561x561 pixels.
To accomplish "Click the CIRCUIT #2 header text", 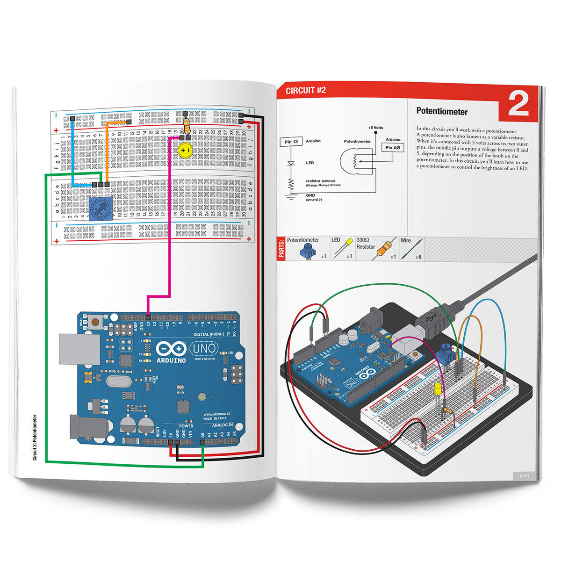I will point(305,90).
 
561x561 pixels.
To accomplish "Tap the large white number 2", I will point(518,105).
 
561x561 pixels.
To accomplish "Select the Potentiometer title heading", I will point(442,112).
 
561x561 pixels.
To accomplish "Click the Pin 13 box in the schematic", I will point(291,142).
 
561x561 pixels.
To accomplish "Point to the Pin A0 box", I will point(393,148).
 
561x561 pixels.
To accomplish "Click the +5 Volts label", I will point(375,128).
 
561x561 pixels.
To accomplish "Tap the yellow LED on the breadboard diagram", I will point(185,151).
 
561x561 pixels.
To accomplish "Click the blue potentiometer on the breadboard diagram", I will point(101,209).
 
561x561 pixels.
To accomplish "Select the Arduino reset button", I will point(95,322).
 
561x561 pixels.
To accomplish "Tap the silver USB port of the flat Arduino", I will point(79,349).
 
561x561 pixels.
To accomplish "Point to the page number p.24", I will point(524,475).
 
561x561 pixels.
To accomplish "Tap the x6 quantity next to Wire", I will point(418,257).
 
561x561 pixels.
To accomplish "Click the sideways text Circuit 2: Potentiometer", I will point(35,438).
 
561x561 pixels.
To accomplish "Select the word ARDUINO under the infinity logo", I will point(171,360).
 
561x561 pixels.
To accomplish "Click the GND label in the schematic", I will point(310,195).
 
